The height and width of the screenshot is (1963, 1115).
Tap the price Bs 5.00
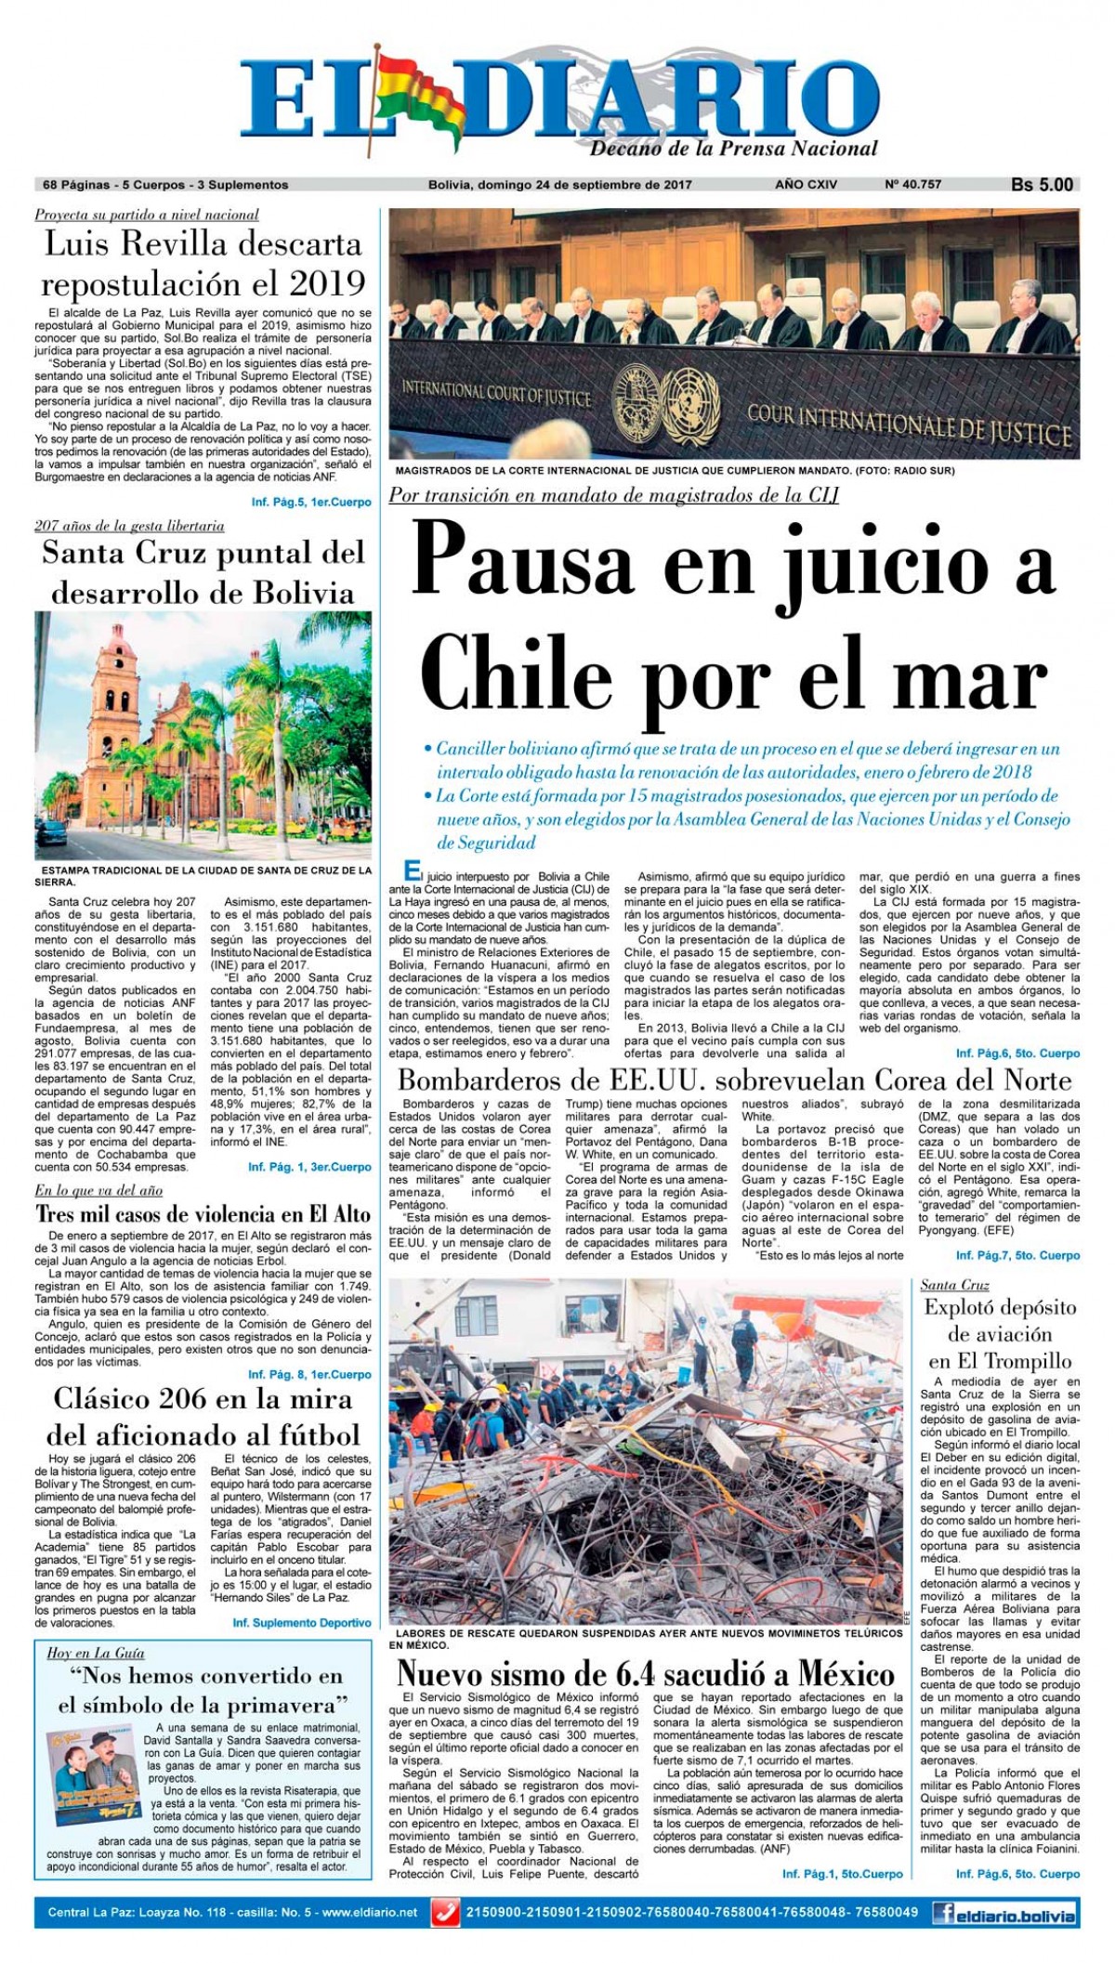[x=1042, y=185]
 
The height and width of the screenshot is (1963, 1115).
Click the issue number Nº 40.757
[x=913, y=185]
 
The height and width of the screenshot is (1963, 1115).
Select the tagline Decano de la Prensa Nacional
[x=734, y=149]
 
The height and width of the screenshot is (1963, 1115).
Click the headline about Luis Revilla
[x=203, y=263]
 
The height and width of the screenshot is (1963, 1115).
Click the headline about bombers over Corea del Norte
[x=734, y=1080]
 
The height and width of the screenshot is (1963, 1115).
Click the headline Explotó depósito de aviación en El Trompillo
[x=999, y=1334]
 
